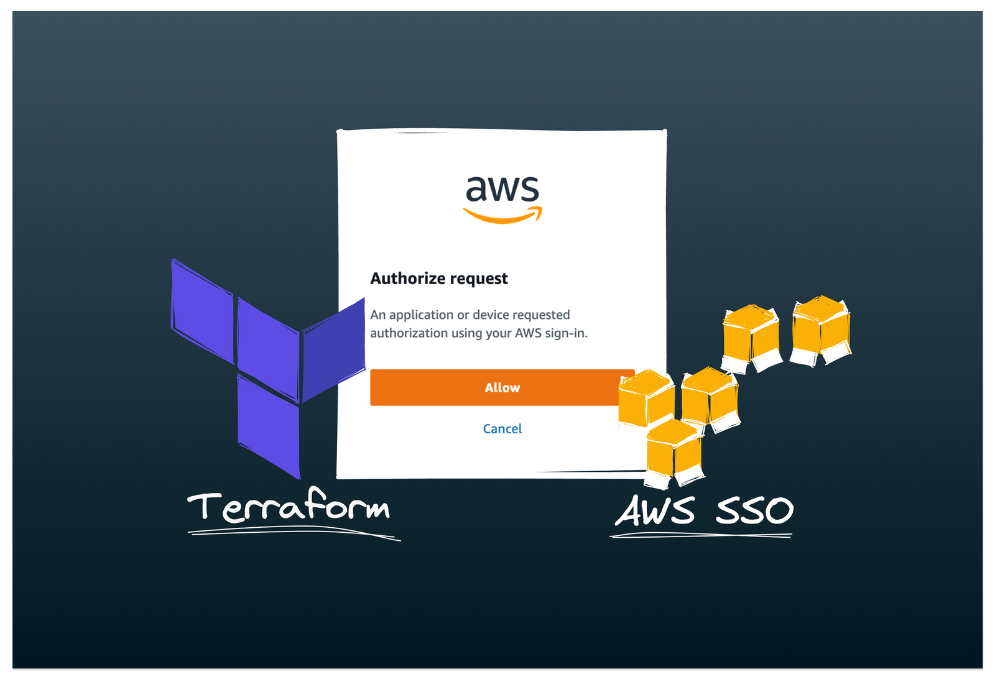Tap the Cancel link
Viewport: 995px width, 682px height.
point(502,428)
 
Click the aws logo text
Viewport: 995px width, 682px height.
point(502,188)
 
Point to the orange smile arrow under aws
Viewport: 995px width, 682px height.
point(502,216)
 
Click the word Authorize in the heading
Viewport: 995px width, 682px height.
point(407,279)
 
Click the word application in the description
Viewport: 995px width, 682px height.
point(421,315)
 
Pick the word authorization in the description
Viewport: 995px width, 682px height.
point(409,333)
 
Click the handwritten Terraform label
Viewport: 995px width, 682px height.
point(289,507)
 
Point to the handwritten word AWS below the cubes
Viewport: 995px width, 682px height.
point(655,511)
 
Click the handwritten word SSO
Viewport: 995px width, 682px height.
point(754,511)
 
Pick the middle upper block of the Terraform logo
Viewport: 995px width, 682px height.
point(268,348)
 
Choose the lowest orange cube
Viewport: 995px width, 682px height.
point(673,451)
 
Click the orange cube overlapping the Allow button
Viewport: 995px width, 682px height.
point(646,398)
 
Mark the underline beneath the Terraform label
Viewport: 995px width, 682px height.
point(292,532)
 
